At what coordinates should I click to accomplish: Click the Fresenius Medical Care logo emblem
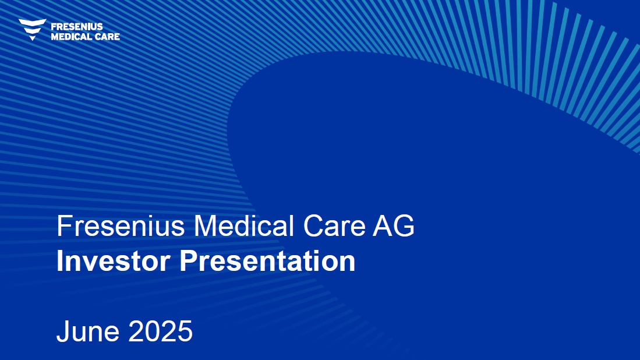pyautogui.click(x=32, y=29)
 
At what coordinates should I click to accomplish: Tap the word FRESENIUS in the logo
pyautogui.click(x=77, y=27)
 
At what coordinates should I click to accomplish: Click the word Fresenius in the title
pyautogui.click(x=121, y=225)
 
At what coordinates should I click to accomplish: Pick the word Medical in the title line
pyautogui.click(x=243, y=225)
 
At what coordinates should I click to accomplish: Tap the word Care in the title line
pyautogui.click(x=334, y=225)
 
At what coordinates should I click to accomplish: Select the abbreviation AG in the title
pyautogui.click(x=394, y=225)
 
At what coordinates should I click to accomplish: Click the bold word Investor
pyautogui.click(x=114, y=261)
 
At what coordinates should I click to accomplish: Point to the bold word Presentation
pyautogui.click(x=268, y=261)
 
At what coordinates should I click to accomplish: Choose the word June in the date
pyautogui.click(x=88, y=331)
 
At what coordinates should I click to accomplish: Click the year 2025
pyautogui.click(x=160, y=331)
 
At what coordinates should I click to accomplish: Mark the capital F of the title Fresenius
pyautogui.click(x=65, y=225)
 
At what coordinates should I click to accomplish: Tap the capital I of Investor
pyautogui.click(x=59, y=261)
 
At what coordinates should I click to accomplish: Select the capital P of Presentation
pyautogui.click(x=189, y=261)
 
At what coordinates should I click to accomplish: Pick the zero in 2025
pyautogui.click(x=153, y=331)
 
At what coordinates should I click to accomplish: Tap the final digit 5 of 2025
pyautogui.click(x=185, y=331)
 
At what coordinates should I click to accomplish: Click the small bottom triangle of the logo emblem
pyautogui.click(x=33, y=38)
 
